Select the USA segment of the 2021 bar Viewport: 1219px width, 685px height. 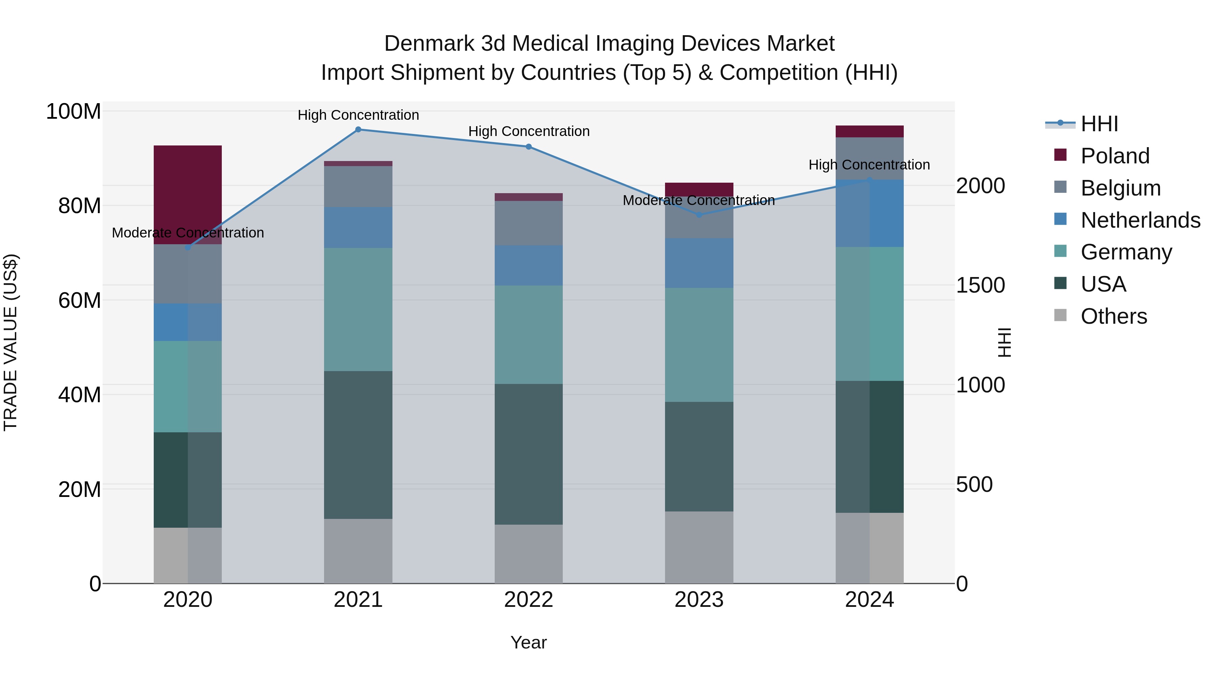(x=358, y=444)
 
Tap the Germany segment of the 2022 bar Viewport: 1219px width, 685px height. (x=528, y=334)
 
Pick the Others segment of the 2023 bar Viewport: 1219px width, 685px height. (x=699, y=547)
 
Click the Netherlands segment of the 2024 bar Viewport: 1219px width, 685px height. (x=869, y=213)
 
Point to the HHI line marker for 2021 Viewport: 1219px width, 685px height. (x=358, y=130)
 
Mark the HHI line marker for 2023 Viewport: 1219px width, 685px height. (x=699, y=214)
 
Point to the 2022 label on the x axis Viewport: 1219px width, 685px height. (x=528, y=600)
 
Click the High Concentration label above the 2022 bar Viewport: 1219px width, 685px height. (x=529, y=132)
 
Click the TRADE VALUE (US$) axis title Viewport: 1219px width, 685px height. (x=10, y=342)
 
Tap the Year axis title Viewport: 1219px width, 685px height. (x=528, y=642)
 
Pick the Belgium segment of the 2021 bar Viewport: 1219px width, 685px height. (x=358, y=186)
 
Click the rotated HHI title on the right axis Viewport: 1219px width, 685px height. (x=1004, y=342)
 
